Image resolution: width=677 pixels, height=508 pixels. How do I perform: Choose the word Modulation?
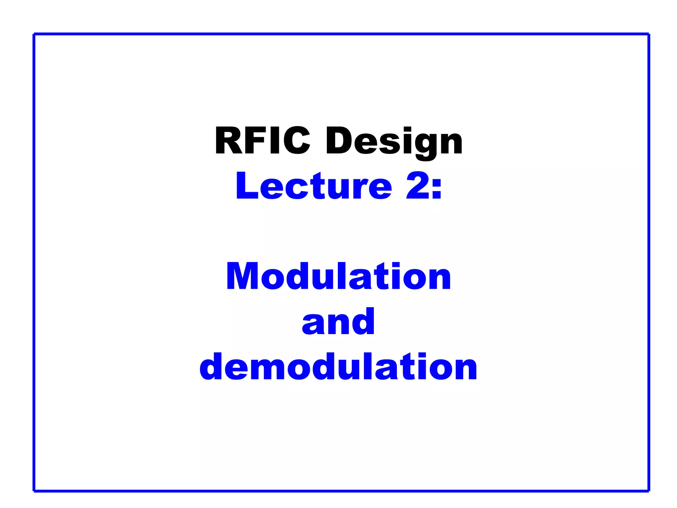pos(338,276)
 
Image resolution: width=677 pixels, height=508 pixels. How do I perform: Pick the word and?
pos(338,321)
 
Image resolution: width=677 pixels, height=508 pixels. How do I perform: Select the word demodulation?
pos(338,366)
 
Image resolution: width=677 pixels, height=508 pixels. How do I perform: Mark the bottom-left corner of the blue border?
pos(34,490)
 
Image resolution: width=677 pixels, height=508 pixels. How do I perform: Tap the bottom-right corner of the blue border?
pos(649,490)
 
